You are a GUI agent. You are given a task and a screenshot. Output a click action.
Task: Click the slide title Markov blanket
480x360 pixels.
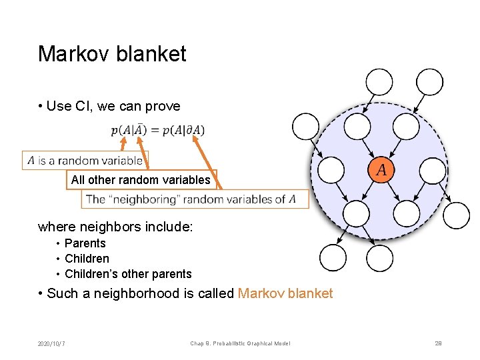coord(112,54)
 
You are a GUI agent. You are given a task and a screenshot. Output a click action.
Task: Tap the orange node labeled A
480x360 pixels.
coord(381,170)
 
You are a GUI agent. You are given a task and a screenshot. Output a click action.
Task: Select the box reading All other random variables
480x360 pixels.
coord(141,180)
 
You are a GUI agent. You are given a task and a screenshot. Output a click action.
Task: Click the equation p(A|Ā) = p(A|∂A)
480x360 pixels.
coord(158,130)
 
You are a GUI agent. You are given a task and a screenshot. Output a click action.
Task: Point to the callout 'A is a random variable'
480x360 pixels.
coord(85,161)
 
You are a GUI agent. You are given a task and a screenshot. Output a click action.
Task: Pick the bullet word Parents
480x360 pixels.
coord(85,243)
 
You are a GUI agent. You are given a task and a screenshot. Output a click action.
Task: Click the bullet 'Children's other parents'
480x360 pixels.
coord(127,274)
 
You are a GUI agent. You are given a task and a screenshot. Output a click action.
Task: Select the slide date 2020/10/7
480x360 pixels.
coord(56,343)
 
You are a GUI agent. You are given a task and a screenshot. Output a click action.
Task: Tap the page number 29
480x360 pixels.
coord(438,343)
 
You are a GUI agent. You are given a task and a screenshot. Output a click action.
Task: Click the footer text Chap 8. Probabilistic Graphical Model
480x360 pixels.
coord(240,343)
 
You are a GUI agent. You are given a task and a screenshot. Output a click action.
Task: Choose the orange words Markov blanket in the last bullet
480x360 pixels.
coord(285,294)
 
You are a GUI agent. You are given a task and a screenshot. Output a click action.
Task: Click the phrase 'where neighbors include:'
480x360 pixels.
coord(115,227)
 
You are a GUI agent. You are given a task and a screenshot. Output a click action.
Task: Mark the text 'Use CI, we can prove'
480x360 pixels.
coord(113,107)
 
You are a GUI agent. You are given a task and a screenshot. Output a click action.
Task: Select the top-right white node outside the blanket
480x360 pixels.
coord(430,83)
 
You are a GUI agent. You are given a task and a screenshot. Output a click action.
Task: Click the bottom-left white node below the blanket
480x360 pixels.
coord(333,258)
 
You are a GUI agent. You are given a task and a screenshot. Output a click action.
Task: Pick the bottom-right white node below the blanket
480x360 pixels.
coord(380,258)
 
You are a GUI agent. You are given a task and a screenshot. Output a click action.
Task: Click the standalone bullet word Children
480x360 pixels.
coord(87,259)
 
